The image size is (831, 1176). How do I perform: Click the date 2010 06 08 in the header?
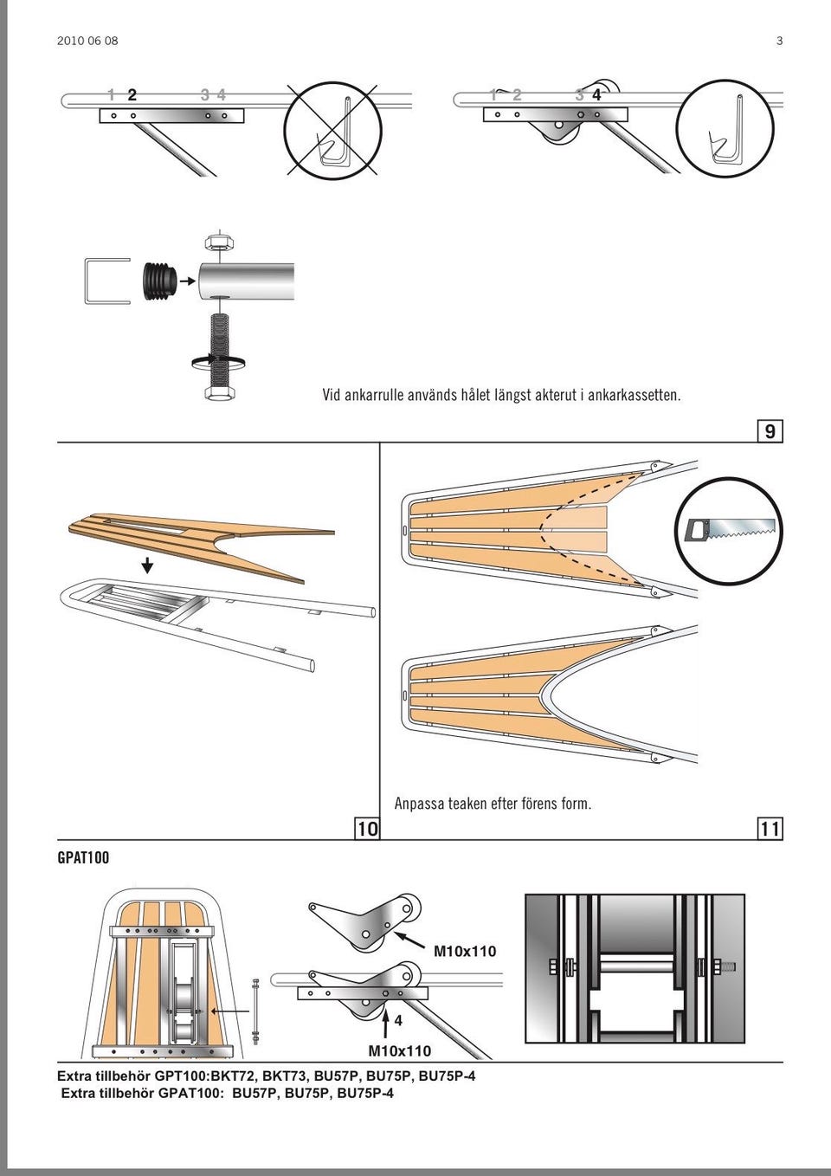tap(87, 41)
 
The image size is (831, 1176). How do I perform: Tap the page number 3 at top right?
tap(779, 41)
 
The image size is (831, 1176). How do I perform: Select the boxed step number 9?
tap(770, 430)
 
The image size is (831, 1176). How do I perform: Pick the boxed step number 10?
tap(368, 829)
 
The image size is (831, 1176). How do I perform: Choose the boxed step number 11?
tap(770, 829)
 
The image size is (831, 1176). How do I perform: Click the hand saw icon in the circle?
tap(730, 531)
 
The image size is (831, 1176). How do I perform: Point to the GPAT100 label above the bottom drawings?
tap(83, 857)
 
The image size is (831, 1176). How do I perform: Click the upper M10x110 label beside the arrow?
tap(465, 951)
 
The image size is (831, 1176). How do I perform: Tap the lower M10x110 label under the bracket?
tap(399, 1050)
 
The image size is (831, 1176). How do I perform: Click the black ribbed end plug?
tap(159, 281)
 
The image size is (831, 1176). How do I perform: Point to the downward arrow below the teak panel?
tap(148, 566)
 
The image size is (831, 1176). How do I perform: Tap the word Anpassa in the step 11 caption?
tap(419, 804)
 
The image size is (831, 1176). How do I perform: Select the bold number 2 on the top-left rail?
tap(132, 95)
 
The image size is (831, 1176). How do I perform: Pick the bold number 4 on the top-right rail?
tap(596, 95)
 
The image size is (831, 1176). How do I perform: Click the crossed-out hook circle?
tap(332, 129)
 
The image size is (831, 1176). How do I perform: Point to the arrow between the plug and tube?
tap(187, 281)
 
